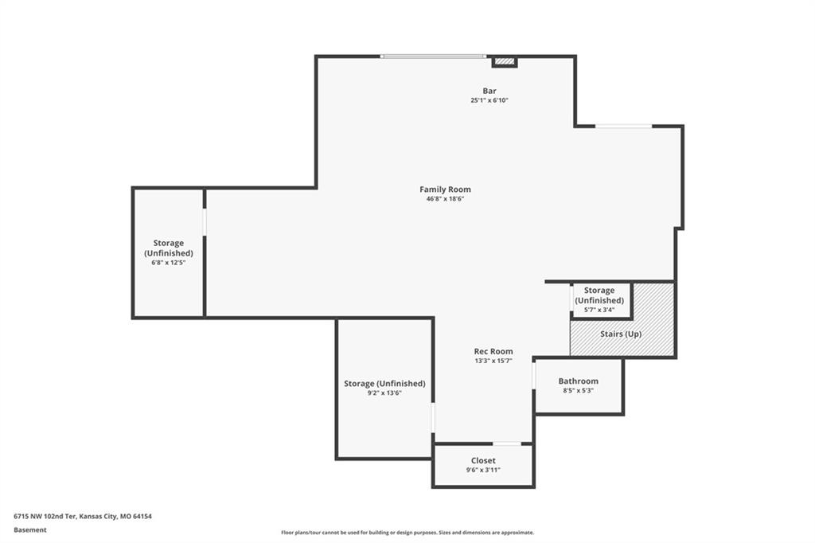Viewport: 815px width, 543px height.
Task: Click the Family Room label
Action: (445, 189)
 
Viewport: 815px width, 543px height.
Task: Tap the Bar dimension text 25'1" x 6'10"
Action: (489, 100)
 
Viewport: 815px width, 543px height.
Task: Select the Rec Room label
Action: (493, 351)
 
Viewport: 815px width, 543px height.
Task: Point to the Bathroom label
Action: (578, 381)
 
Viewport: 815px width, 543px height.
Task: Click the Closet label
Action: (483, 460)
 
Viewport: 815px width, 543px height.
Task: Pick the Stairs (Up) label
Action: (621, 334)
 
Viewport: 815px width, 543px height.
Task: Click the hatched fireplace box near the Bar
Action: (504, 61)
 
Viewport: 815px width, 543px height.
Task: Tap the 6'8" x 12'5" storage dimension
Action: (169, 263)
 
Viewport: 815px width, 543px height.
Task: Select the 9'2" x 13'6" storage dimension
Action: (384, 393)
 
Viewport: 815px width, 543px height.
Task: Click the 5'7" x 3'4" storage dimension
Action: (599, 310)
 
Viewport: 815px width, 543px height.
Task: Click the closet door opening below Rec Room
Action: (507, 443)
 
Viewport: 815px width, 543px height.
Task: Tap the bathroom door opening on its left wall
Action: (534, 376)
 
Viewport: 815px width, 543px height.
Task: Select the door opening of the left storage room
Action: (205, 222)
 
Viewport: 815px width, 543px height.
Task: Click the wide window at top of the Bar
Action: (433, 57)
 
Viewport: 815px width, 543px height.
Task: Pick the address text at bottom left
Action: (83, 517)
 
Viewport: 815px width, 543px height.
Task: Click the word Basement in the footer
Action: (30, 530)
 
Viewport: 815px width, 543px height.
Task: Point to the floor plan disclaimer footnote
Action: (407, 533)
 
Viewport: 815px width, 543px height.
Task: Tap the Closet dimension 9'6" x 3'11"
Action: (483, 471)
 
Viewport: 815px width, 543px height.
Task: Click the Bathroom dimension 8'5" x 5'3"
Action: (578, 391)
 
